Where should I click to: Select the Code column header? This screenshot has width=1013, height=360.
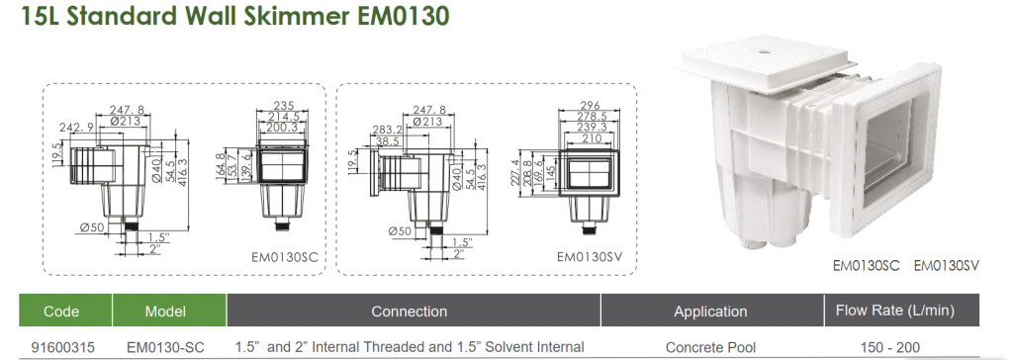61,311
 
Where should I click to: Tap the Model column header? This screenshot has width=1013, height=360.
165,311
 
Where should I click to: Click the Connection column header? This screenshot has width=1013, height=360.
409,311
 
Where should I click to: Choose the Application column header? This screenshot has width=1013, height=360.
710,312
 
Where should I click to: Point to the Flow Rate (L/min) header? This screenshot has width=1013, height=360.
894,311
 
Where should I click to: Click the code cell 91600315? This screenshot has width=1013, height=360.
62,347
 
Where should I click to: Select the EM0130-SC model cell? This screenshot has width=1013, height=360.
166,347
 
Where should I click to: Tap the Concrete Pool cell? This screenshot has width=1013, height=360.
710,347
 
